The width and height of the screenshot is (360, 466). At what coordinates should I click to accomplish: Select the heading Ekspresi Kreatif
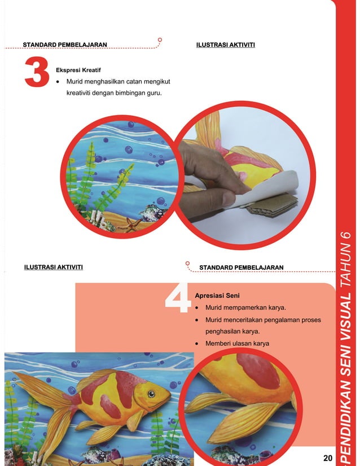pyautogui.click(x=78, y=71)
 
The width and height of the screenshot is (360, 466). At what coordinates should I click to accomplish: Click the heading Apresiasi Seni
pyautogui.click(x=217, y=295)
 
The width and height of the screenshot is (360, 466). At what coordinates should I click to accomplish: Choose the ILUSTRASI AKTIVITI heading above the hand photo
pyautogui.click(x=225, y=43)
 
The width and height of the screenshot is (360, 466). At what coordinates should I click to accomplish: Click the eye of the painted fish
pyautogui.click(x=151, y=393)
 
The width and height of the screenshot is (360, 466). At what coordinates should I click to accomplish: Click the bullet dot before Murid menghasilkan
pyautogui.click(x=60, y=82)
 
